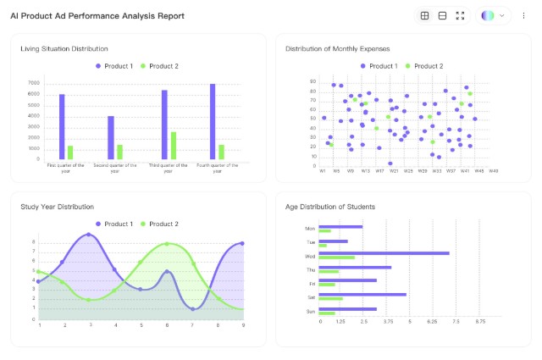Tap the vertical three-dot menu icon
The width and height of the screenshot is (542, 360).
click(523, 16)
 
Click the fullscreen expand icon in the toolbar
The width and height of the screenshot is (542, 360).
click(460, 16)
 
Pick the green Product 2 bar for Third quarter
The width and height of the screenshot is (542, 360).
click(174, 146)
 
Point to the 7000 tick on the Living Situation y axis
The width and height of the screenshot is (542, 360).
click(34, 83)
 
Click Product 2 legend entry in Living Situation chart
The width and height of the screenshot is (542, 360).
click(159, 66)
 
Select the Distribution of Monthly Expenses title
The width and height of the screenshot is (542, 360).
click(338, 49)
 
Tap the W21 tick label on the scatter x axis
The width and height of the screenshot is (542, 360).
click(394, 170)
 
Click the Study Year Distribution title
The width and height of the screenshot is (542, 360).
click(58, 207)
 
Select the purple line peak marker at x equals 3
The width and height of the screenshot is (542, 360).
click(89, 235)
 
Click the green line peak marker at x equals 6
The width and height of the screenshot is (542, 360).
click(167, 244)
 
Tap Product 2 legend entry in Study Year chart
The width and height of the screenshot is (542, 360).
click(159, 224)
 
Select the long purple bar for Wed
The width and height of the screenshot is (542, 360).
click(384, 252)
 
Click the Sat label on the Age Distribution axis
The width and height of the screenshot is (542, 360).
click(311, 297)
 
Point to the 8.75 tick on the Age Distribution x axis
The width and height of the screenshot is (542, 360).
click(481, 322)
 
